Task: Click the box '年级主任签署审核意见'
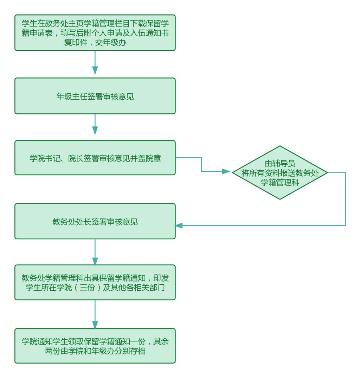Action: pos(95,96)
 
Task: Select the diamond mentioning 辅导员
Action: pos(280,172)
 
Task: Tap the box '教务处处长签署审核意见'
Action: pos(95,221)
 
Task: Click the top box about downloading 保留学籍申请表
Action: pos(95,33)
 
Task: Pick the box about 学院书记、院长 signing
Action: pos(95,158)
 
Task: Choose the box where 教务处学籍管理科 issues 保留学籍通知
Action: pos(95,282)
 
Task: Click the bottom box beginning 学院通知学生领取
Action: pos(95,346)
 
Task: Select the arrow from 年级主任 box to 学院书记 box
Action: pos(95,127)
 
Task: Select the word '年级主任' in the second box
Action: pos(69,96)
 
